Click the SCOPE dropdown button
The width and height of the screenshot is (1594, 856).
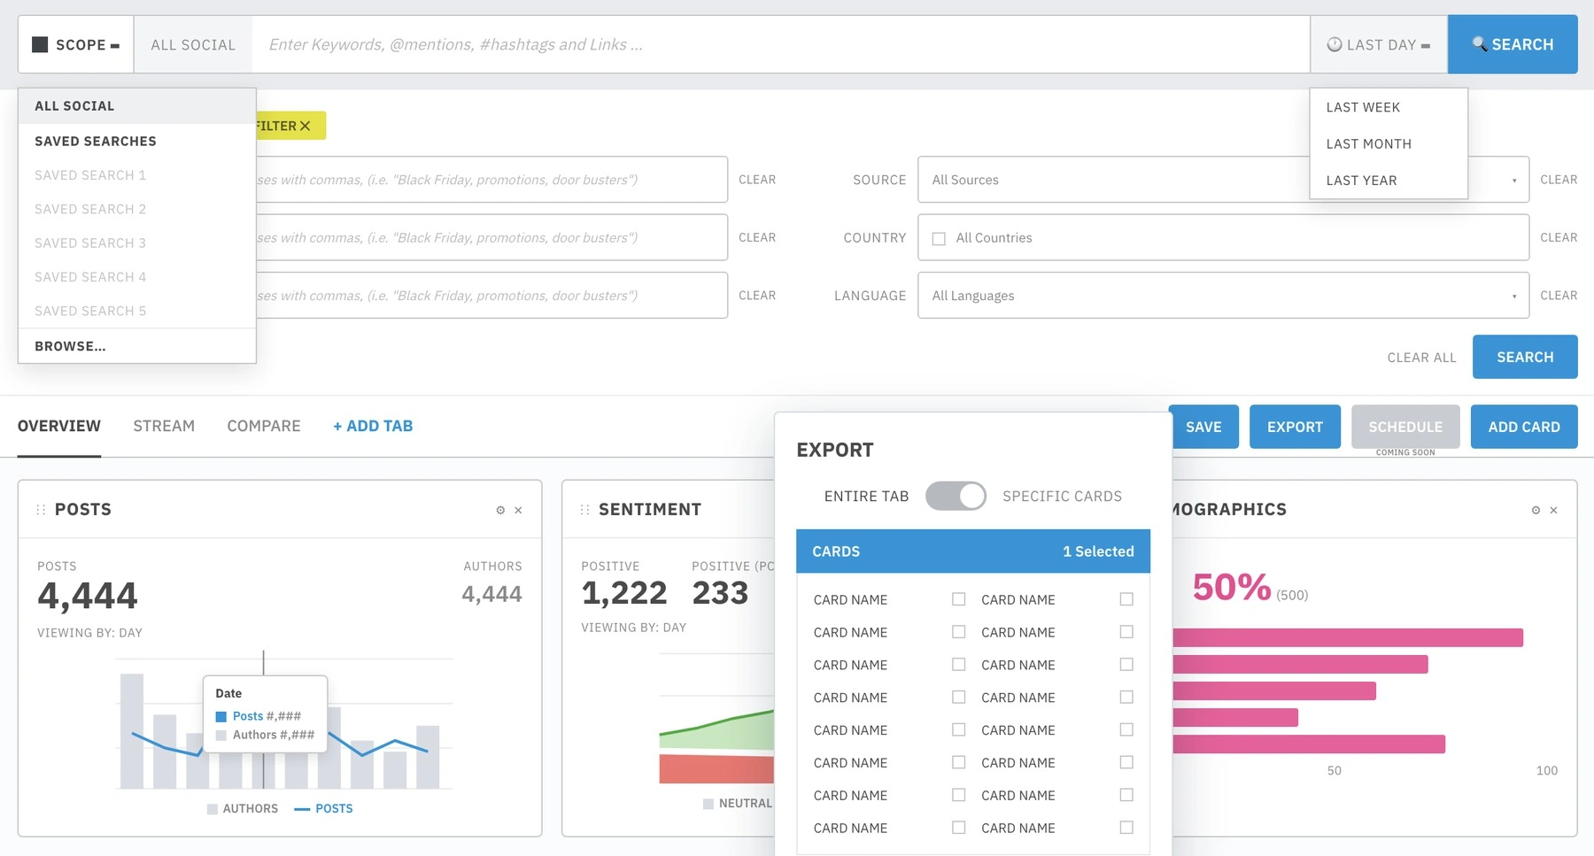[76, 44]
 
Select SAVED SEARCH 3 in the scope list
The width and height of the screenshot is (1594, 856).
[90, 243]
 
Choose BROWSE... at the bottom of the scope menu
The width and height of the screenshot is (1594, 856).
[70, 346]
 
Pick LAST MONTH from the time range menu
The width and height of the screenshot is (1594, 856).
[1368, 143]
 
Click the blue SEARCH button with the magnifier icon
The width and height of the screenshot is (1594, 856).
[1513, 44]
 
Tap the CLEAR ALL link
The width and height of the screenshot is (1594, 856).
[1421, 358]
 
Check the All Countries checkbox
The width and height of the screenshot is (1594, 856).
[939, 238]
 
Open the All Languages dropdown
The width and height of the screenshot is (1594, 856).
[1223, 296]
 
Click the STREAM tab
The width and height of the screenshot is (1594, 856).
[164, 426]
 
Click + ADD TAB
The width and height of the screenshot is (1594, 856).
[373, 426]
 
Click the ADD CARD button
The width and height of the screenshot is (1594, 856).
[1524, 427]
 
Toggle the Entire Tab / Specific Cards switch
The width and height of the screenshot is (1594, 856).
[956, 496]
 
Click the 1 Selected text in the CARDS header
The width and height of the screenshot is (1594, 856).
[1098, 551]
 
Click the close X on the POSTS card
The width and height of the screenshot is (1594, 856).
[518, 510]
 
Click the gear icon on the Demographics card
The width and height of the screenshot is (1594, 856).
[1536, 510]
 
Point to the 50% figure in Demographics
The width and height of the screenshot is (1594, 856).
[1231, 587]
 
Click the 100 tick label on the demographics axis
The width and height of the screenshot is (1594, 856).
[1546, 771]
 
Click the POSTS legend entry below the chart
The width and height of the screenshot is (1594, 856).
[323, 808]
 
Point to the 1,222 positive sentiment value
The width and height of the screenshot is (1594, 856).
[623, 593]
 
